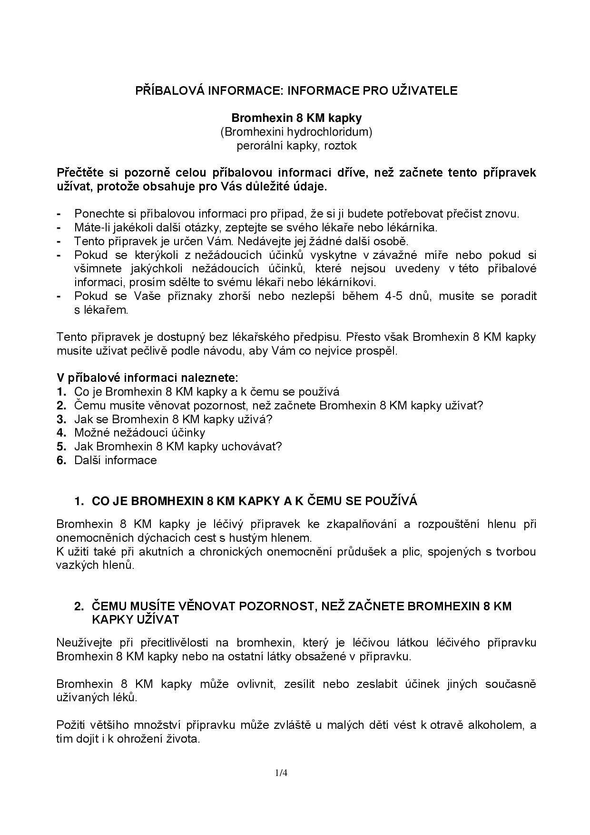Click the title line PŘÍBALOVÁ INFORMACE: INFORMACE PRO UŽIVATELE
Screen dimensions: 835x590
[296, 91]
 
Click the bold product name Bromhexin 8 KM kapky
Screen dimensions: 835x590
[296, 118]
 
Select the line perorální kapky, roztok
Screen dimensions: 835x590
[296, 146]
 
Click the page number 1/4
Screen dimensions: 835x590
[281, 773]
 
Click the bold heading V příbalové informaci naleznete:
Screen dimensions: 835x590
[147, 378]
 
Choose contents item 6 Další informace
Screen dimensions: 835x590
[115, 460]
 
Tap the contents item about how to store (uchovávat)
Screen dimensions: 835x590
[178, 447]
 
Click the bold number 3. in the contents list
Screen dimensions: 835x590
[61, 419]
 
